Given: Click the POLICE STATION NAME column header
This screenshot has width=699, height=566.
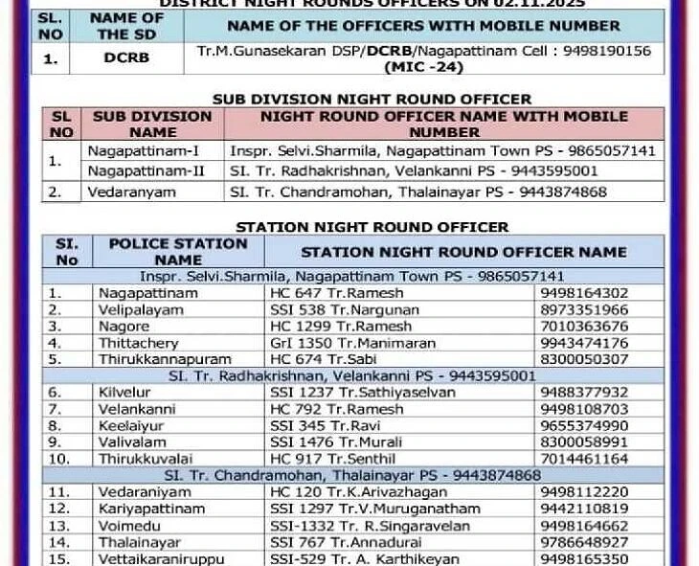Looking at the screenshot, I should pyautogui.click(x=178, y=251).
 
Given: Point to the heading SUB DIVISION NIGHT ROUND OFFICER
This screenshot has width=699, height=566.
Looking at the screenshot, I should pyautogui.click(x=372, y=99).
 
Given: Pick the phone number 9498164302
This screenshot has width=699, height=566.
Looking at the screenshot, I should pyautogui.click(x=584, y=293).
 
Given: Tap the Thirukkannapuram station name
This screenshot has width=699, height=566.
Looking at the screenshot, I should pyautogui.click(x=164, y=359).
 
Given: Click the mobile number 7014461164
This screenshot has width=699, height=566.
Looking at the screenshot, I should pyautogui.click(x=584, y=459).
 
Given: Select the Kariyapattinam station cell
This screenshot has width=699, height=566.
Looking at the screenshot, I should pyautogui.click(x=151, y=509).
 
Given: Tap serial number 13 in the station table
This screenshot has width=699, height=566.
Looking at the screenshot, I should pyautogui.click(x=59, y=525).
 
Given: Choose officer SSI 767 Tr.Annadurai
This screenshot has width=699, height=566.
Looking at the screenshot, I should pyautogui.click(x=345, y=541).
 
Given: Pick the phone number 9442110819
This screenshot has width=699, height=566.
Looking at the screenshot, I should pyautogui.click(x=584, y=509).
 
